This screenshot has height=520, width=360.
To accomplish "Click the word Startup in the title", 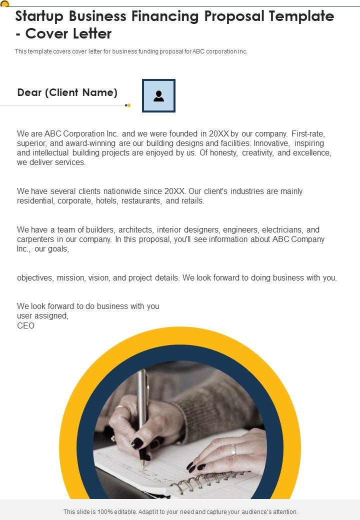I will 41,16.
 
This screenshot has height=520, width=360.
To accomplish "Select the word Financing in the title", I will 163,16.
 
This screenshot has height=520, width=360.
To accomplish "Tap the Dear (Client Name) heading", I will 67,92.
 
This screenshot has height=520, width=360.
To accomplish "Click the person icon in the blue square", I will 158,95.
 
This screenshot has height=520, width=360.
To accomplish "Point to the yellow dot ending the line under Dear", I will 128,105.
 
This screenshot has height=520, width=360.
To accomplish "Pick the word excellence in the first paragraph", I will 311,153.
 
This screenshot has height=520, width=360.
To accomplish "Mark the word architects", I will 135,230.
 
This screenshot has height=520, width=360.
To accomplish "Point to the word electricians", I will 282,230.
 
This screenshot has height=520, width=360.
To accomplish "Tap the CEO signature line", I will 25,325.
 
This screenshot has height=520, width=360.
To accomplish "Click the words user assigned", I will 42,316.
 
